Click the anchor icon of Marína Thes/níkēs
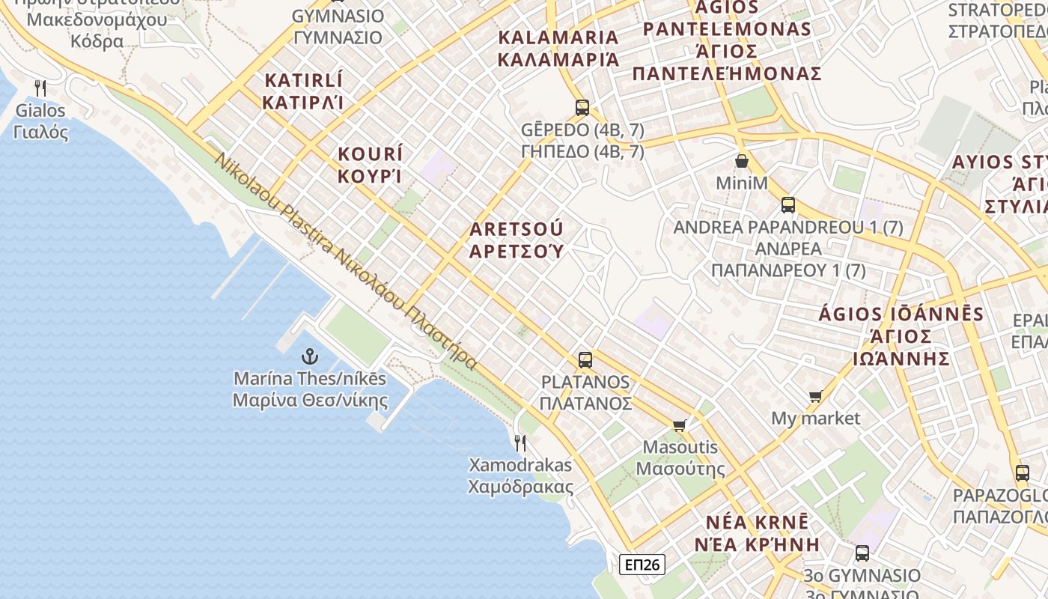(x=309, y=356)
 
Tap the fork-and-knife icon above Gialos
(x=41, y=88)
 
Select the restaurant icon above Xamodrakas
(x=520, y=443)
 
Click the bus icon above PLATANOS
(x=585, y=360)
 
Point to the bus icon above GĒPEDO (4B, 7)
(x=582, y=107)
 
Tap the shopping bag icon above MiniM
(x=742, y=161)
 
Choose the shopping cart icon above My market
(x=816, y=396)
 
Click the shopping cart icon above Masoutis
(x=680, y=426)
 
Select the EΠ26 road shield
(x=642, y=564)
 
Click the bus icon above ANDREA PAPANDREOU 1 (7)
(x=788, y=205)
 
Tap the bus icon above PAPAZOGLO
(x=1023, y=473)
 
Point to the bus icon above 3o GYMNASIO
(x=862, y=554)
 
